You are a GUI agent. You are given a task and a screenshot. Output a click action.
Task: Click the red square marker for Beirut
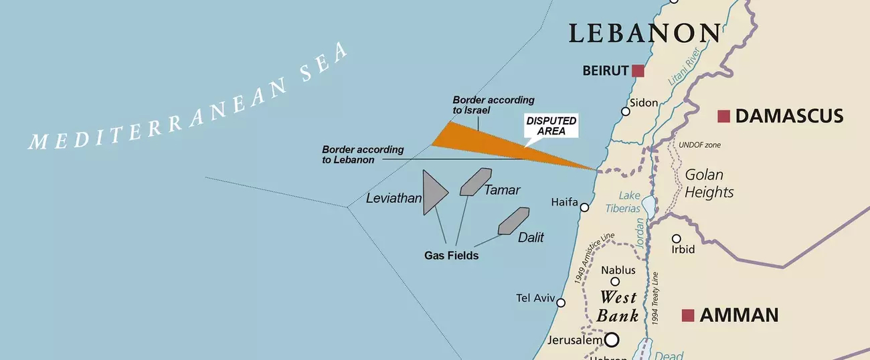638,71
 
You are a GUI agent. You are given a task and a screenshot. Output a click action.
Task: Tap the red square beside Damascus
723,116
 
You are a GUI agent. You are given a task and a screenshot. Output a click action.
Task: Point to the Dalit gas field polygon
513,221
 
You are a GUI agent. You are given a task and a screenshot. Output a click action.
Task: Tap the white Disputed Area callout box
550,126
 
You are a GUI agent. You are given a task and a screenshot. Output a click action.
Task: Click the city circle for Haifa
584,207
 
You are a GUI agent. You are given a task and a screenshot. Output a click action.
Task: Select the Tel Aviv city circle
561,302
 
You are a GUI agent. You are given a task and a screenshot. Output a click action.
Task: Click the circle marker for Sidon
625,111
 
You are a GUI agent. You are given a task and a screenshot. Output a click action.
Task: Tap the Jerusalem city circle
612,341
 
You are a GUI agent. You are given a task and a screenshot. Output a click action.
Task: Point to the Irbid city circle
677,239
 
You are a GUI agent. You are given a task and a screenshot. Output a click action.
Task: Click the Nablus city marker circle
615,282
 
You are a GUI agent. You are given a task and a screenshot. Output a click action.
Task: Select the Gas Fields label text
451,256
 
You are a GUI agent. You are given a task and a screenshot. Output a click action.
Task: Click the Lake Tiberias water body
648,204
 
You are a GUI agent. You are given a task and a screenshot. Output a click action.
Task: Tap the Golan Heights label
708,183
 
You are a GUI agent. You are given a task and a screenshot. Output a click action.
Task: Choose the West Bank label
618,306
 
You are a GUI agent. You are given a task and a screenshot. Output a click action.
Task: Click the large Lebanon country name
644,33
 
